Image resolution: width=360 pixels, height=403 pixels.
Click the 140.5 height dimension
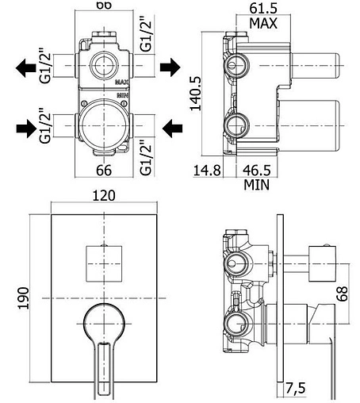196,94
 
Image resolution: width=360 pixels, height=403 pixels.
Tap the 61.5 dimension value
263,8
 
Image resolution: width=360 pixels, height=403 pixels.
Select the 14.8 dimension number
207,170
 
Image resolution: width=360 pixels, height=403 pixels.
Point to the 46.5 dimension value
257,170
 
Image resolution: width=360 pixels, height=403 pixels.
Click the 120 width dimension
104,196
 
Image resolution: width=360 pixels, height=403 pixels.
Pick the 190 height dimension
23,298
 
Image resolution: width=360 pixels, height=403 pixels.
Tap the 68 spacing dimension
342,294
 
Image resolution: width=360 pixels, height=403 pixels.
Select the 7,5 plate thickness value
295,388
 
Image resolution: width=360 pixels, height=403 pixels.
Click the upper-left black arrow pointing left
25,68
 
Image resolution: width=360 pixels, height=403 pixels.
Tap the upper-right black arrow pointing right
170,67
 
